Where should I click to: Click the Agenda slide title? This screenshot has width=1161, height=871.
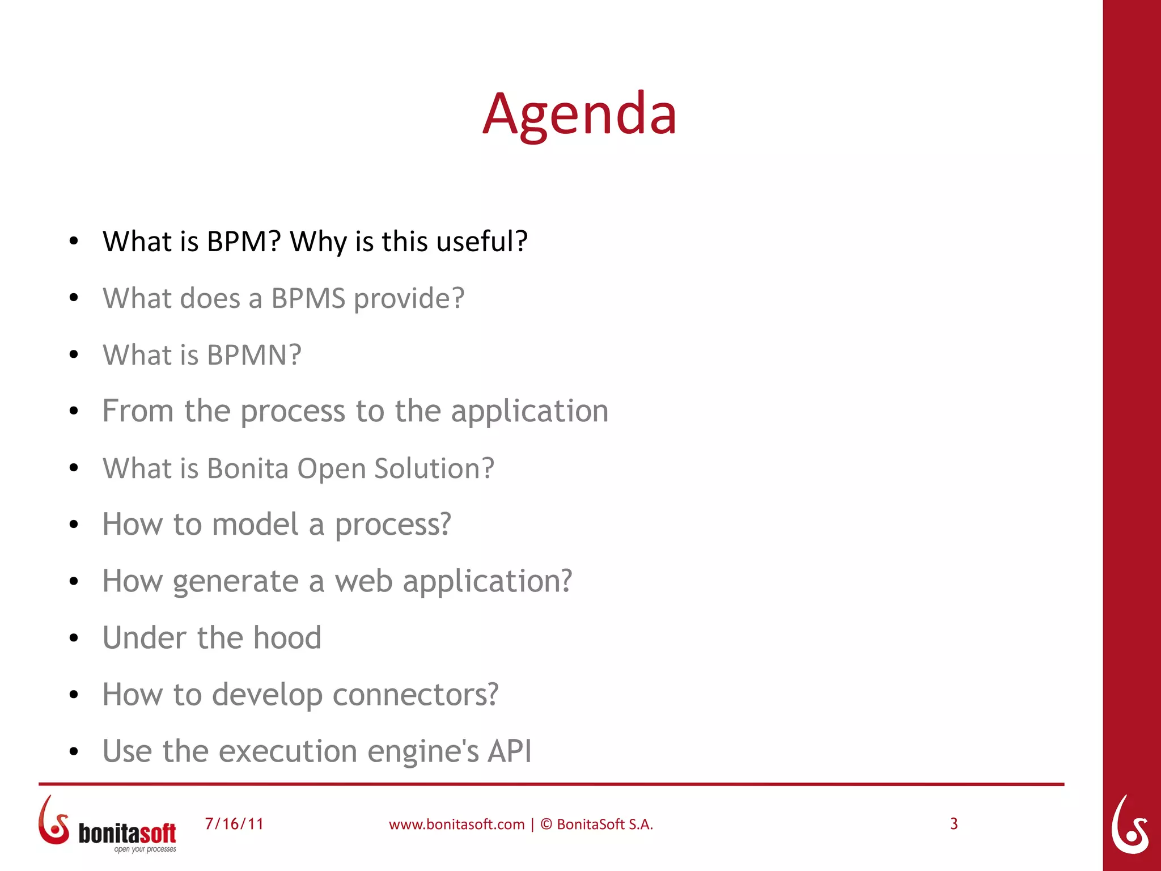(x=579, y=115)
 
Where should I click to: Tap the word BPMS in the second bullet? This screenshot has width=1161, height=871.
(x=308, y=298)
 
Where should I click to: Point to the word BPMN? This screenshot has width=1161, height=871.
(x=254, y=355)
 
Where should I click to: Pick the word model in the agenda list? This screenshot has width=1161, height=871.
(x=255, y=524)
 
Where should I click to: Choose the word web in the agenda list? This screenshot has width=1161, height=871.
(x=363, y=581)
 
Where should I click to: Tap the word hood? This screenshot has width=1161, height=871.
(x=287, y=638)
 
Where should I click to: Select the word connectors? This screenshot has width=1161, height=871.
(x=416, y=695)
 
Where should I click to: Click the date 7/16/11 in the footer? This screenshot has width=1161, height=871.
(x=234, y=824)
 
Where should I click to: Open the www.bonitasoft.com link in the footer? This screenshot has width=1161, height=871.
(x=456, y=825)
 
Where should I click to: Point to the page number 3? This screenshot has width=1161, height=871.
(x=954, y=823)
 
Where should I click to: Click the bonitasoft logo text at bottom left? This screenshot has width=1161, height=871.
(x=127, y=834)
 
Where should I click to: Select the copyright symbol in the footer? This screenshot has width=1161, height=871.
(x=546, y=824)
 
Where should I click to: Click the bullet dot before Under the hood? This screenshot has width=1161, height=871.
(x=74, y=639)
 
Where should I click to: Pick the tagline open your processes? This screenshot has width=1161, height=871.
(x=145, y=849)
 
